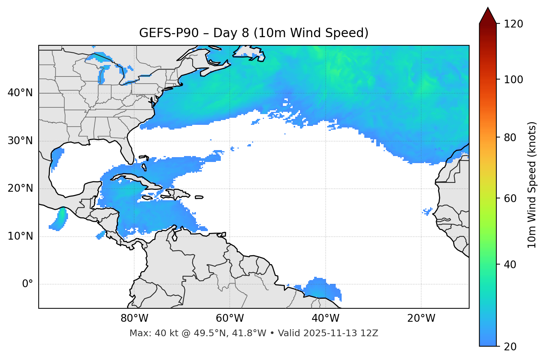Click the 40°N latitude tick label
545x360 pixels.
20,93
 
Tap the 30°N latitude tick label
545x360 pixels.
20,141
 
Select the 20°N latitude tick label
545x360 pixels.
20,188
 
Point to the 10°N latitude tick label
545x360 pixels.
20,236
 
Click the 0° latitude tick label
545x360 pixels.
28,284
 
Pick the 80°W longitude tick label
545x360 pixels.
134,318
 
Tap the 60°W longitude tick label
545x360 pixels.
230,318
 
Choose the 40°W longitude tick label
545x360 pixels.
325,318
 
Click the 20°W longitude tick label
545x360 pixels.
421,318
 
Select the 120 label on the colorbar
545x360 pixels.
513,24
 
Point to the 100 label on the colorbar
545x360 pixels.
513,80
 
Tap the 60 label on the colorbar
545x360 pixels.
510,198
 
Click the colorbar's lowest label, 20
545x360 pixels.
510,347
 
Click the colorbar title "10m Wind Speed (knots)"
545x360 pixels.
532,185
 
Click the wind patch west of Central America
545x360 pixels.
59,220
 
